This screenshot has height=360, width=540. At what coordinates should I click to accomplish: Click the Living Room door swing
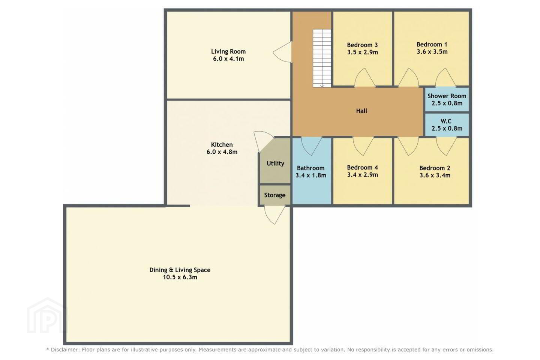(x=282, y=52)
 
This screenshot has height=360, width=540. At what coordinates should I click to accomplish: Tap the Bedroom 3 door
(x=365, y=77)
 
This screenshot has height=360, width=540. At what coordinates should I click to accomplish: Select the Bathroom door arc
(x=312, y=146)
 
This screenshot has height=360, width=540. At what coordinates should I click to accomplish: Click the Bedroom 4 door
(x=363, y=146)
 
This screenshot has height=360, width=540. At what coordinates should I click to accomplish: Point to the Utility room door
(x=264, y=142)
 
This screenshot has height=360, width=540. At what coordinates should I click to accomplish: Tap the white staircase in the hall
(x=322, y=58)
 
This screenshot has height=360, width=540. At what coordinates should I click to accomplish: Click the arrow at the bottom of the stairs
(x=322, y=85)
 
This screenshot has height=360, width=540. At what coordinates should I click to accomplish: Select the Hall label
(x=361, y=111)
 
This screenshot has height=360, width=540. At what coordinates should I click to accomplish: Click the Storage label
(x=275, y=195)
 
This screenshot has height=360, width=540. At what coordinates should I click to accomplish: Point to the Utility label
(x=275, y=163)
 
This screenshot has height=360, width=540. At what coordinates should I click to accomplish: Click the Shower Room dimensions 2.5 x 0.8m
(x=447, y=103)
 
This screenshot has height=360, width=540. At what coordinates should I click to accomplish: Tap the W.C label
(x=446, y=121)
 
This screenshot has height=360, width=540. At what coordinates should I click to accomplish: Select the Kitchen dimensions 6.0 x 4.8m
(x=222, y=152)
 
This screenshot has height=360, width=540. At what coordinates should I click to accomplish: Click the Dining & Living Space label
(x=180, y=270)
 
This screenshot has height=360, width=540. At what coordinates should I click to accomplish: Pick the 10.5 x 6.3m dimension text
(x=180, y=277)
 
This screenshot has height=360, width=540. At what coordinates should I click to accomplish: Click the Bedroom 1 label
(x=432, y=44)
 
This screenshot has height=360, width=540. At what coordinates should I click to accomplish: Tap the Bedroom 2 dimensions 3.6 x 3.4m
(x=435, y=175)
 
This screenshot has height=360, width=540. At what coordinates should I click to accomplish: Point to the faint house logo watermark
(x=47, y=316)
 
